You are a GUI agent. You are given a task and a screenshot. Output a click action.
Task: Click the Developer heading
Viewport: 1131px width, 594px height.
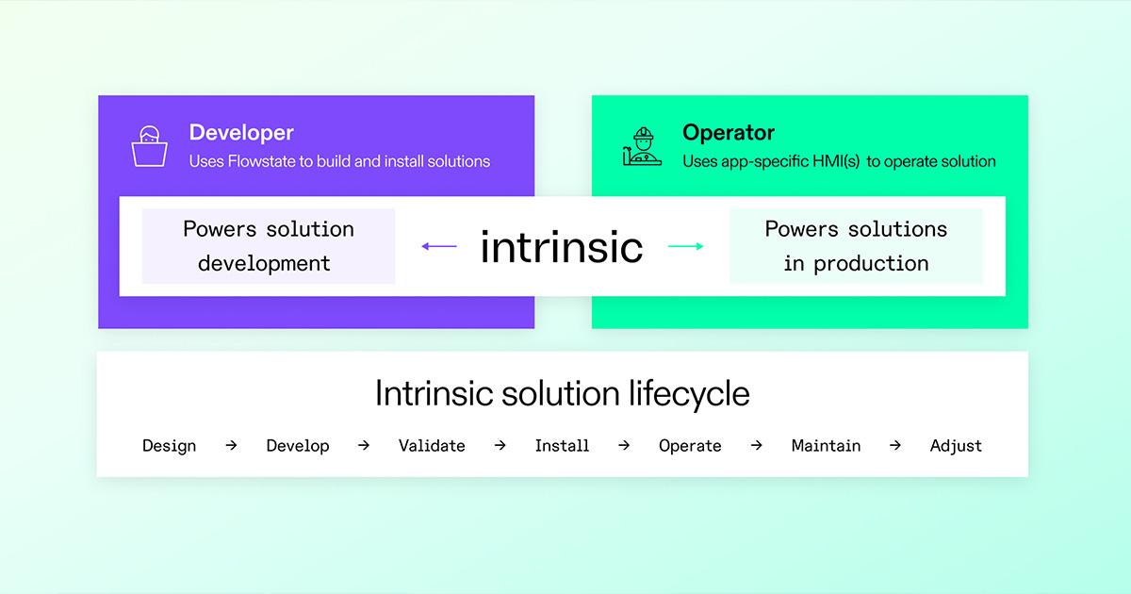pos(241,133)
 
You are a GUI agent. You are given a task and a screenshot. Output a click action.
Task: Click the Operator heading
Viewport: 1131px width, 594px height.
pos(728,132)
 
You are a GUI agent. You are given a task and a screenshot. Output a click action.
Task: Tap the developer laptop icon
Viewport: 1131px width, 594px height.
pos(150,146)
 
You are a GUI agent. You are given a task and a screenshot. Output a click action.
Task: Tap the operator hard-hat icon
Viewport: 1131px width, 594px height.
pos(642,146)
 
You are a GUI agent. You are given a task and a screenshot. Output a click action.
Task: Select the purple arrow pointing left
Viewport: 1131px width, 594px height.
pos(439,246)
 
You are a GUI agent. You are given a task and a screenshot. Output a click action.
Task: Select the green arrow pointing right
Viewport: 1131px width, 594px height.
pos(686,246)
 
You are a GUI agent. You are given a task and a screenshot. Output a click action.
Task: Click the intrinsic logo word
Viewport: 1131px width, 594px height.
pos(562,247)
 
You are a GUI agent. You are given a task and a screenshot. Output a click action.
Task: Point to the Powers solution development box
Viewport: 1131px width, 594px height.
pos(269,246)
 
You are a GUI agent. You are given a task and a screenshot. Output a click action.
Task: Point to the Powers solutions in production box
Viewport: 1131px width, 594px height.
pos(856,246)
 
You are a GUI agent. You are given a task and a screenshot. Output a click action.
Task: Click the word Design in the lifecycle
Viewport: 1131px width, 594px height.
pos(169,446)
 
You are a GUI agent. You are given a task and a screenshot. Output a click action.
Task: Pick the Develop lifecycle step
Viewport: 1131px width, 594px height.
pos(298,446)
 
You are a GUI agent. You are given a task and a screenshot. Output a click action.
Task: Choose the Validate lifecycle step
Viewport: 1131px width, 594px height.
pos(432,445)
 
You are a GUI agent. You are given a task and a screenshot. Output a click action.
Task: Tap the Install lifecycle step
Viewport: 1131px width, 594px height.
pos(562,445)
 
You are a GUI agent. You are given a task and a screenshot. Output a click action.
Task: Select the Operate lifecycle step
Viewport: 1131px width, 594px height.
pos(690,446)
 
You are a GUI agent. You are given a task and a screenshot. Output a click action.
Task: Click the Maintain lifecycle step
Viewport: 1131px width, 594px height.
pos(826,445)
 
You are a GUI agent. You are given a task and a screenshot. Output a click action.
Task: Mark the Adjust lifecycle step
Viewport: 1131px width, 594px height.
pos(956,446)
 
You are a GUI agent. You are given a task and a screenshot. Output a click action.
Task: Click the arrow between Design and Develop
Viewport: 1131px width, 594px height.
pos(231,445)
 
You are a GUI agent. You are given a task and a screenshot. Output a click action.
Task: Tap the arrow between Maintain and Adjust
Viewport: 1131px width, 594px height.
pos(895,445)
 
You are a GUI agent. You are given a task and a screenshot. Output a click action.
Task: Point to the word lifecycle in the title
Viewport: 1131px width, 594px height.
pos(689,394)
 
